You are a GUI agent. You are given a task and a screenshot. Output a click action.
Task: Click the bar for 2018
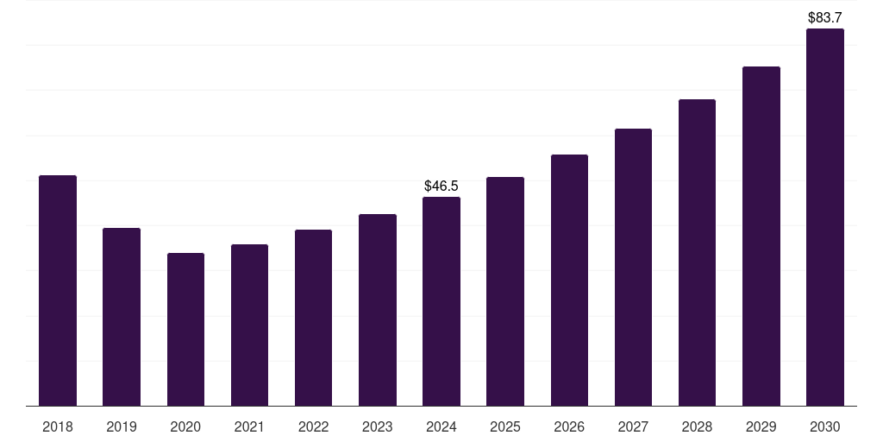(58, 290)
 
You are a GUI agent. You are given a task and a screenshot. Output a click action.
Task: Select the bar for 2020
(185, 329)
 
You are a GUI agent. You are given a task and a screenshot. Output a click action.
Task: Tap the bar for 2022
(313, 318)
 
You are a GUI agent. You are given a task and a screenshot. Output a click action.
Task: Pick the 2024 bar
(441, 301)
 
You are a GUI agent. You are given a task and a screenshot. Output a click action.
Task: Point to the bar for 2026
(569, 280)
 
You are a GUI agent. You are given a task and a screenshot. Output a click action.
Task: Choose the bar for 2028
(697, 252)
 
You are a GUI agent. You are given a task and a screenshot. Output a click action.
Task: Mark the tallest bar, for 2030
(825, 217)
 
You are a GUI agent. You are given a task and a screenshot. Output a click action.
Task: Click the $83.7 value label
(825, 17)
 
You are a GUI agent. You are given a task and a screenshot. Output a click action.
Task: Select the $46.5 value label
(441, 186)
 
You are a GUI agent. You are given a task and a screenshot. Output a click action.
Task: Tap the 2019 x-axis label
(122, 426)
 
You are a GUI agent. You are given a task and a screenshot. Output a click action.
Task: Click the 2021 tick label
(249, 426)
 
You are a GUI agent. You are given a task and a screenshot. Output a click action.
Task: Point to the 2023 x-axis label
(378, 426)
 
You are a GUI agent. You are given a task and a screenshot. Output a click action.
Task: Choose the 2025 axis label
(505, 426)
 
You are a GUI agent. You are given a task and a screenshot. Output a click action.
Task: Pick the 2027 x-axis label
(633, 426)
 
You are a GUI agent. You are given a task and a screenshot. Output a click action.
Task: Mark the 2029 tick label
(761, 426)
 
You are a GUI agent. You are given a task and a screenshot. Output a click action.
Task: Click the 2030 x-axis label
(825, 426)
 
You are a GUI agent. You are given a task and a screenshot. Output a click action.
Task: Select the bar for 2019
(122, 317)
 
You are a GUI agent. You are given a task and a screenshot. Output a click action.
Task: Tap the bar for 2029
(761, 236)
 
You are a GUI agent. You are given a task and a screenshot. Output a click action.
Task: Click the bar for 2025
(505, 291)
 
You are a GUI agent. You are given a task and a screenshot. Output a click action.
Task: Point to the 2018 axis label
(58, 426)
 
